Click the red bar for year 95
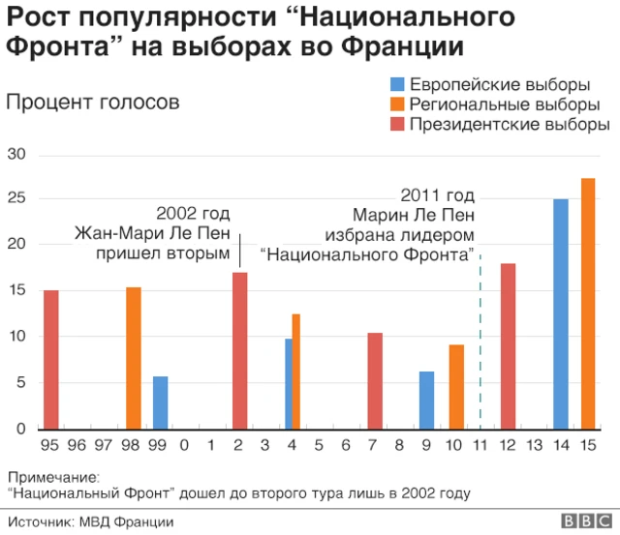[50, 359]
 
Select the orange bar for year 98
[134, 358]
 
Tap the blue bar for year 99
[160, 402]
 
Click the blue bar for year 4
[289, 383]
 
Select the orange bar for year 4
[296, 372]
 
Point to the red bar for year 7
[375, 380]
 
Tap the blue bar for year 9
[426, 400]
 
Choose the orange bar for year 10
[456, 386]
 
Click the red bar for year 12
[508, 345]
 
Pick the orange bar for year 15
[588, 303]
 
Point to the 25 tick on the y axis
[17, 199]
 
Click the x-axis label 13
[535, 446]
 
